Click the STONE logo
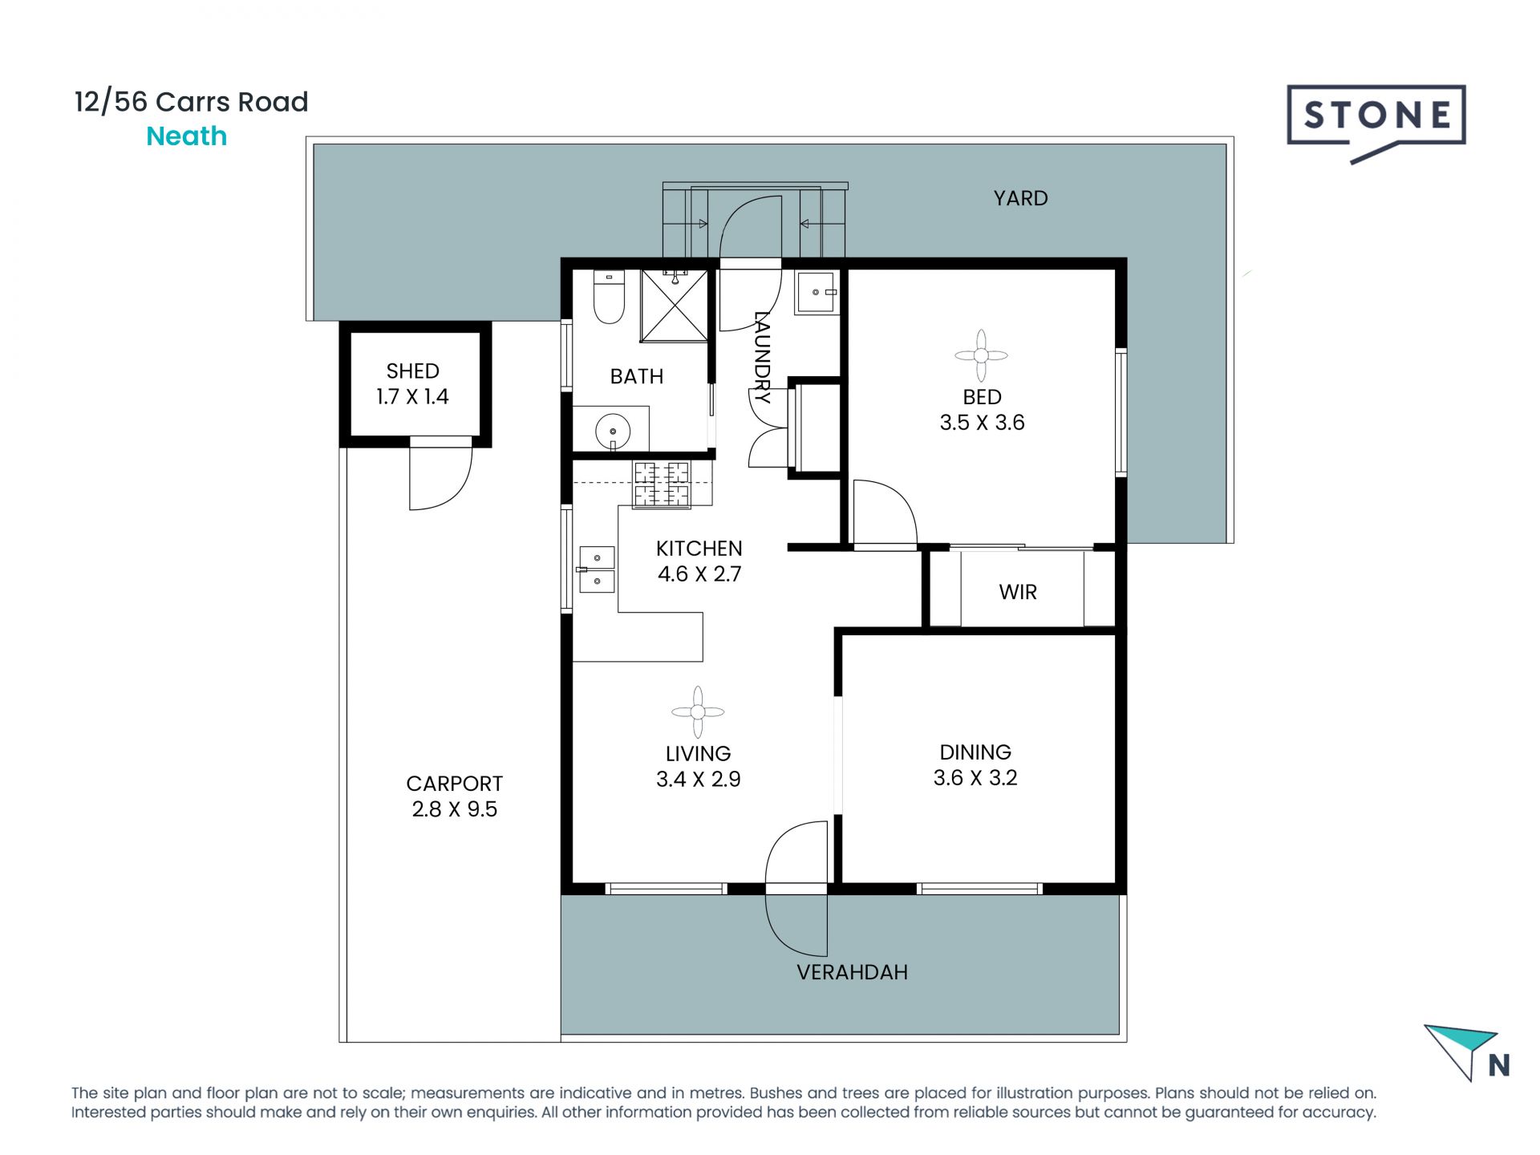tap(1376, 119)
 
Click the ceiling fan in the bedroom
tap(981, 355)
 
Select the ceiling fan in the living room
tap(698, 711)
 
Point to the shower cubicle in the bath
tap(675, 306)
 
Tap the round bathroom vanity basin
tap(613, 432)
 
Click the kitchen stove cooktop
tap(662, 484)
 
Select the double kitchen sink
tap(597, 568)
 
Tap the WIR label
tap(1018, 592)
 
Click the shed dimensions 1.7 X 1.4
tap(412, 396)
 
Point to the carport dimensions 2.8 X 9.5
tap(454, 808)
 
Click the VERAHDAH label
tap(852, 972)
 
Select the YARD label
tap(1020, 198)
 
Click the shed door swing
tap(440, 479)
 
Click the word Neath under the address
tap(186, 136)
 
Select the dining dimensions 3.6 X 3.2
tap(975, 777)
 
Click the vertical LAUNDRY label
tap(762, 357)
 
